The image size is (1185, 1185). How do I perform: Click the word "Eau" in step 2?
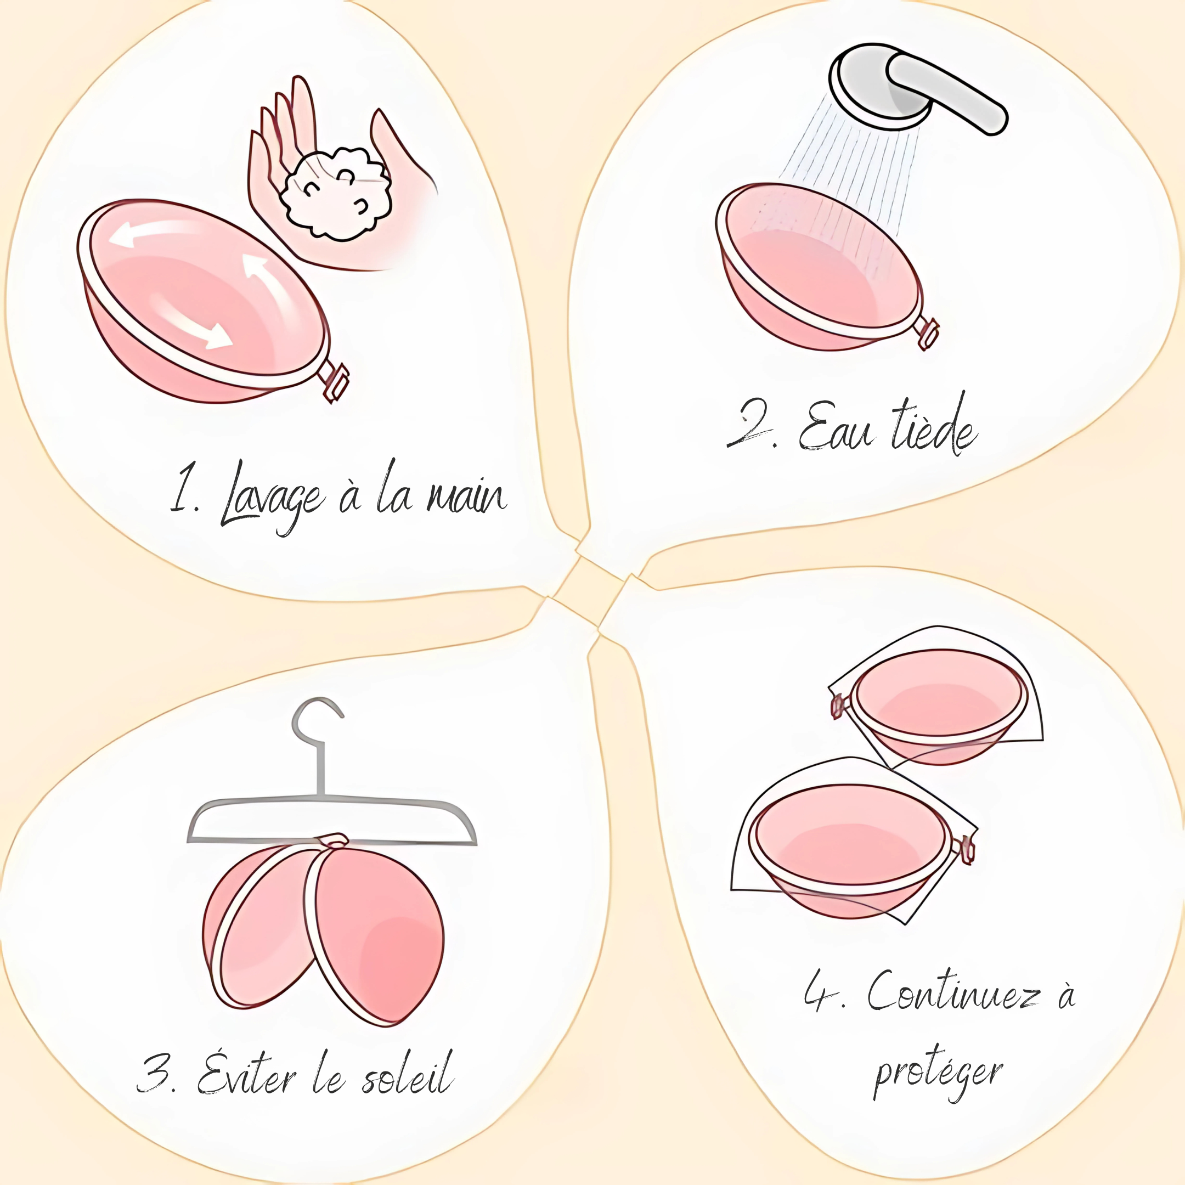pyautogui.click(x=834, y=426)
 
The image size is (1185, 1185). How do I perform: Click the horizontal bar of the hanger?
pyautogui.click(x=332, y=821)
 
